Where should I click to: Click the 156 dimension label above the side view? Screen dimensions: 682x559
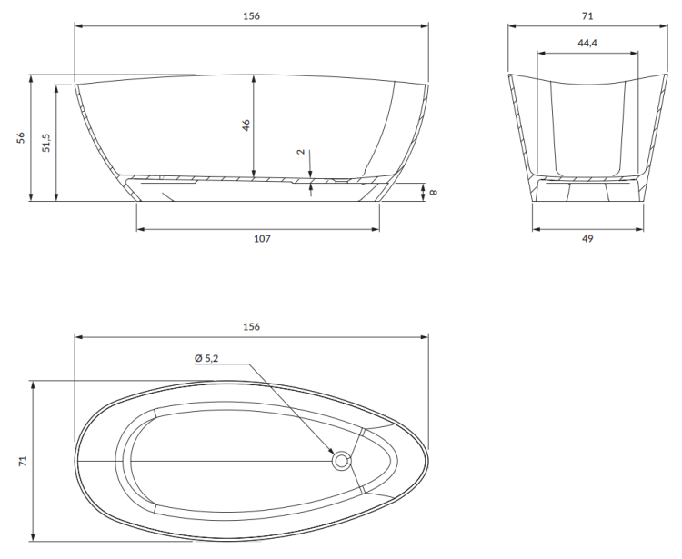[x=251, y=16]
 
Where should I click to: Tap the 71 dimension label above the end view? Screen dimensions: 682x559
[x=587, y=16]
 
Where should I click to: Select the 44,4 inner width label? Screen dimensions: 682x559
[x=587, y=43]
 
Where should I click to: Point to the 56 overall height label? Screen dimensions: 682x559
[x=21, y=138]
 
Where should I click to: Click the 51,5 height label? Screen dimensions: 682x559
[x=46, y=143]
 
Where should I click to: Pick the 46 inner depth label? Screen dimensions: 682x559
[x=246, y=125]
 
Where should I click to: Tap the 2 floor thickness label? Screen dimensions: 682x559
[x=301, y=152]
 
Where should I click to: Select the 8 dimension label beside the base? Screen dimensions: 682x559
[x=433, y=192]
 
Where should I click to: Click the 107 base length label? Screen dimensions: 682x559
[x=262, y=239]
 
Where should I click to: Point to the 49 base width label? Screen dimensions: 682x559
[x=587, y=239]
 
